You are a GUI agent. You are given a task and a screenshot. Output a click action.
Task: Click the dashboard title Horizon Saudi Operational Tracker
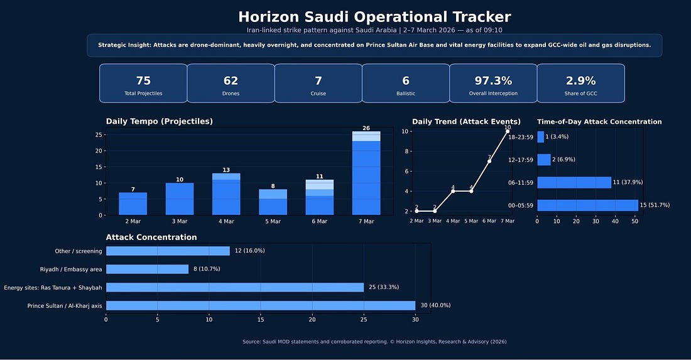(x=374, y=17)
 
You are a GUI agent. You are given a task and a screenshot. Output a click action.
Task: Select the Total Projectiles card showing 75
(x=143, y=84)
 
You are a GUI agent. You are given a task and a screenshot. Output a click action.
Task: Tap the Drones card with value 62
(x=231, y=84)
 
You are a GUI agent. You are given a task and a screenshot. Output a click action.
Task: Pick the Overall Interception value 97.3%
(x=493, y=80)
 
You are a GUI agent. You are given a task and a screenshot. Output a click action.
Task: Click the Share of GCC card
(x=580, y=84)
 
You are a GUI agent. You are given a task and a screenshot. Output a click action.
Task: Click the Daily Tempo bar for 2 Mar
(x=133, y=204)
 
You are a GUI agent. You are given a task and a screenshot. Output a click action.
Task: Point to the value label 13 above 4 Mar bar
(x=226, y=170)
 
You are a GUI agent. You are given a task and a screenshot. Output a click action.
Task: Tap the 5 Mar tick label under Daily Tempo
(x=273, y=221)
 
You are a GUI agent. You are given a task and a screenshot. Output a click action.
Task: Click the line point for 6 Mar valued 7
(x=489, y=161)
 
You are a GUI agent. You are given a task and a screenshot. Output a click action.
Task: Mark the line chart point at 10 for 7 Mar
(x=508, y=131)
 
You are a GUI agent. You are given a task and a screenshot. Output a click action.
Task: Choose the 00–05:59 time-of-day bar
(x=587, y=205)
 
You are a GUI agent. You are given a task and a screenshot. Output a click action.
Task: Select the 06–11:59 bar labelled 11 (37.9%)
(x=574, y=182)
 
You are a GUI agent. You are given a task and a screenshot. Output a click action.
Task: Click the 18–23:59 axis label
(x=521, y=137)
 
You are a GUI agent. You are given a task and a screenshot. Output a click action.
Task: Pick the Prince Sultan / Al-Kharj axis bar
(x=260, y=305)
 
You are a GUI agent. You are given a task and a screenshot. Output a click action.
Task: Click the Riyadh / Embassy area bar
(x=147, y=269)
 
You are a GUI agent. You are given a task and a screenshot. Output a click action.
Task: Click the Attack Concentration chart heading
(x=151, y=237)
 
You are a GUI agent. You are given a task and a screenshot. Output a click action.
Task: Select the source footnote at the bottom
(x=374, y=342)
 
